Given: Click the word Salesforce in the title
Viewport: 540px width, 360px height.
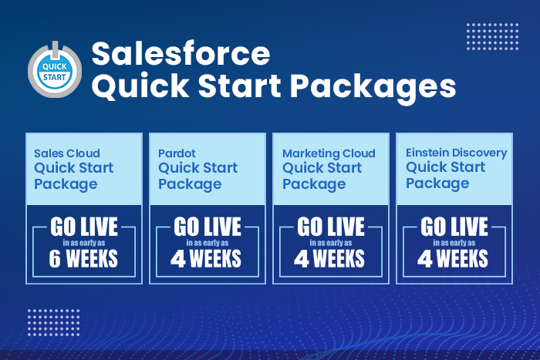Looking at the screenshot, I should coord(181,54).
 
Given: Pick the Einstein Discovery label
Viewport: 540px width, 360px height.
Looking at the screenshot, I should coord(457,153).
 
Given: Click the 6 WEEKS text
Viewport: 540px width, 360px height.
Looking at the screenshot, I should coord(84,258).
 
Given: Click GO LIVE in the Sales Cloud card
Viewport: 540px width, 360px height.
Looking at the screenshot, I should coord(84,227).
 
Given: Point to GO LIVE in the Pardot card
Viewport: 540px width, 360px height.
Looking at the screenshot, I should coord(208,227).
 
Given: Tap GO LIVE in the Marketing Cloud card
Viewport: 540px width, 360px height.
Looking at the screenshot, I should coord(331,227).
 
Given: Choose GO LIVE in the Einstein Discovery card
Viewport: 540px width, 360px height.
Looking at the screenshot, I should coord(454,227).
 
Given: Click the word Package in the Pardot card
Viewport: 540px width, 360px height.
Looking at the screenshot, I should coord(190,184).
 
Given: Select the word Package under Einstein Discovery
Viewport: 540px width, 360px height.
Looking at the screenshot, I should coord(437,183).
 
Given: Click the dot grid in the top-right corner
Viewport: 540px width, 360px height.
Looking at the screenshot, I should coord(492,35).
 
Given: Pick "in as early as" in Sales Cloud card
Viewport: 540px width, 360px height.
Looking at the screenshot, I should coord(84,243).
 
